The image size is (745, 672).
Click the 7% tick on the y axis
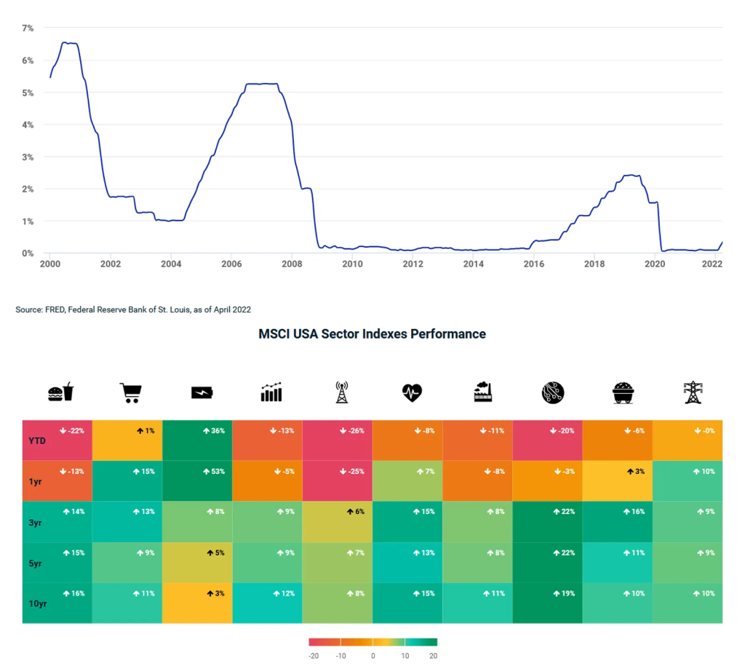(x=28, y=28)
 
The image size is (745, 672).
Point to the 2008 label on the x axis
(x=291, y=264)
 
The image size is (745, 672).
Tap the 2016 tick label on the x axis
(x=534, y=264)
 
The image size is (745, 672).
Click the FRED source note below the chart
(x=133, y=309)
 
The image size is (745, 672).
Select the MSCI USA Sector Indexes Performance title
(x=372, y=334)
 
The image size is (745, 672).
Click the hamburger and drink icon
(x=60, y=392)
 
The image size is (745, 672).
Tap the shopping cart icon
(x=130, y=393)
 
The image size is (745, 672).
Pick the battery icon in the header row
(x=201, y=393)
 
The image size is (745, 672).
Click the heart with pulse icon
(x=411, y=393)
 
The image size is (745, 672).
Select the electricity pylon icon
(x=692, y=392)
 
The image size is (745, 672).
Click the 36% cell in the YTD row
(x=197, y=440)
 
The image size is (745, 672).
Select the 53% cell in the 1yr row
(x=197, y=481)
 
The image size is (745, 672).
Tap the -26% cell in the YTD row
(x=337, y=440)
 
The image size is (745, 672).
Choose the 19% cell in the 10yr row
(x=547, y=603)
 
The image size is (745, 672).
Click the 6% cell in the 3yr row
(x=337, y=521)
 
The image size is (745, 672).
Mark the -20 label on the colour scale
(x=314, y=655)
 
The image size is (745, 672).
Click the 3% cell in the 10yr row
(x=197, y=603)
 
